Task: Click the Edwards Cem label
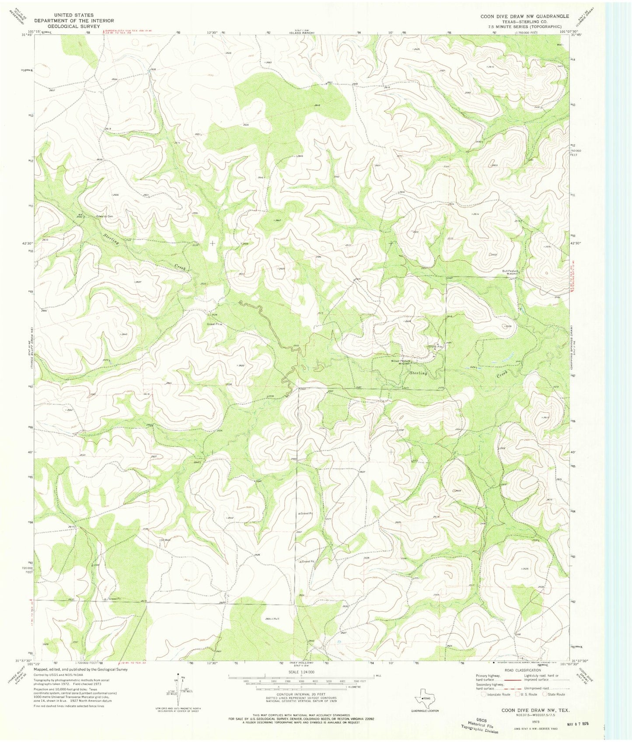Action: pos(105,216)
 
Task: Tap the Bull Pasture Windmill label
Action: pos(510,272)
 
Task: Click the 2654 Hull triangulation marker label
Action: pos(272,619)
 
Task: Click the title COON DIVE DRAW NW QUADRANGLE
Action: pos(524,16)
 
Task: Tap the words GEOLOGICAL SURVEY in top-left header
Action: pos(74,26)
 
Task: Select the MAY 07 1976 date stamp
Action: pos(576,724)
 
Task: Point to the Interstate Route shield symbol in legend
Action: pos(483,694)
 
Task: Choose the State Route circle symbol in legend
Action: pos(545,694)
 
